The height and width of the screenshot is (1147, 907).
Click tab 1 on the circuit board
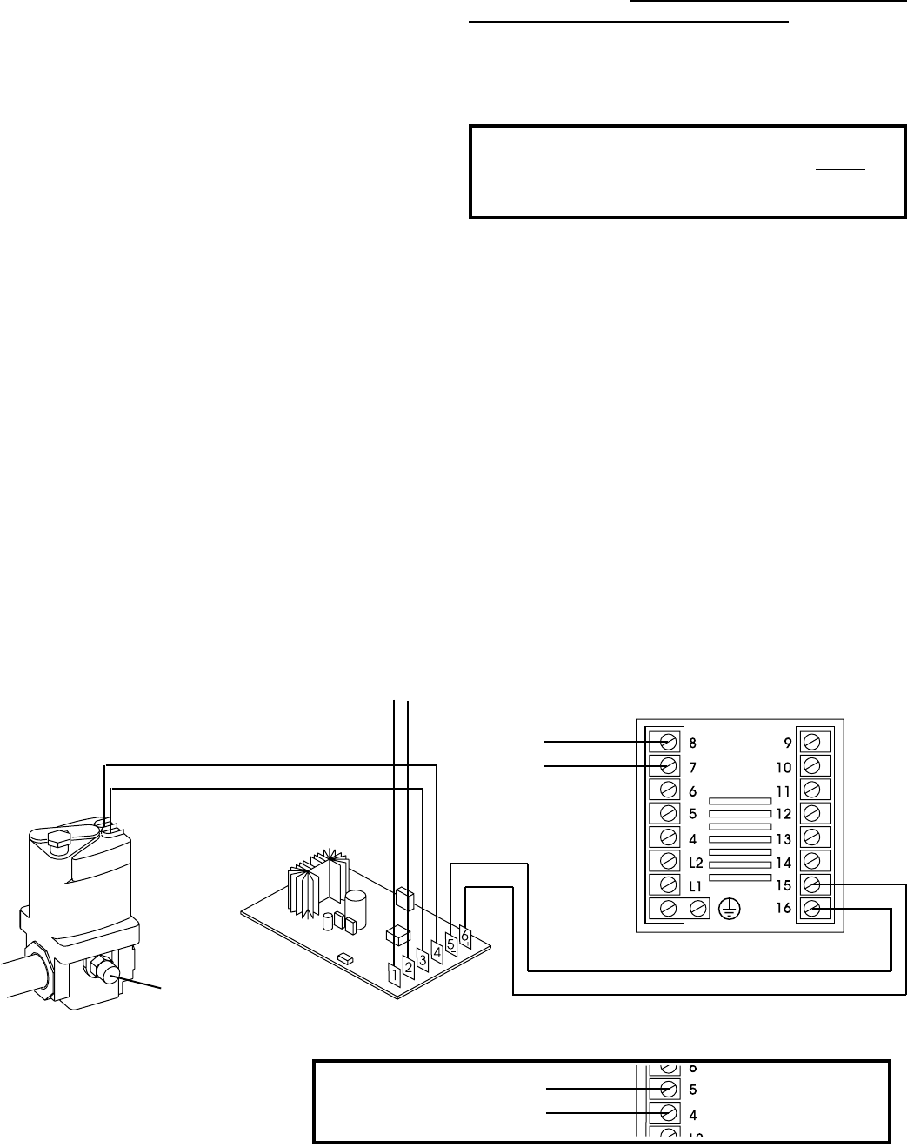[393, 975]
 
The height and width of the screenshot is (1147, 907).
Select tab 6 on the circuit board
[465, 936]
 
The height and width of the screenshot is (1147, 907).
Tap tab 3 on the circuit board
[423, 959]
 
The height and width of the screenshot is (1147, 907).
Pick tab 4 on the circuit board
[437, 951]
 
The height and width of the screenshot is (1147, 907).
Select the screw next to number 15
[811, 884]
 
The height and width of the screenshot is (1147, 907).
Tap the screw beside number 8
[669, 742]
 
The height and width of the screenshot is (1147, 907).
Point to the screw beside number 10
[811, 766]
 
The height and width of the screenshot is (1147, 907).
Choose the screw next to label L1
[669, 884]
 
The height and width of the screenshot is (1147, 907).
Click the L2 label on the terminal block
[695, 862]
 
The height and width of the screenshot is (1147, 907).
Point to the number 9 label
[787, 744]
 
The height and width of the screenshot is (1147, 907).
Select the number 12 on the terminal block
[783, 814]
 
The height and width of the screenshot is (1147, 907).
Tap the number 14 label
[783, 862]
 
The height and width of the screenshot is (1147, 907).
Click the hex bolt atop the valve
[56, 840]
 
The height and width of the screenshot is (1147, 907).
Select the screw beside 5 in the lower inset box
[669, 1089]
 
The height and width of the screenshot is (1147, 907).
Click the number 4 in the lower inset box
[693, 1114]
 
